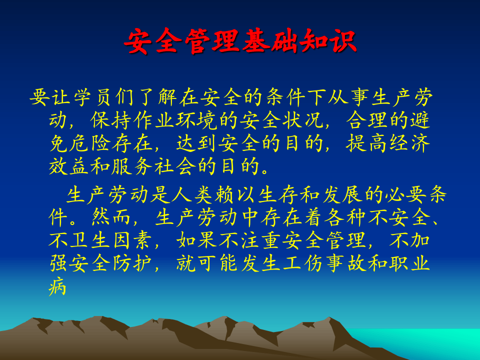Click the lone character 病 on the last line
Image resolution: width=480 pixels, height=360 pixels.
58,286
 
